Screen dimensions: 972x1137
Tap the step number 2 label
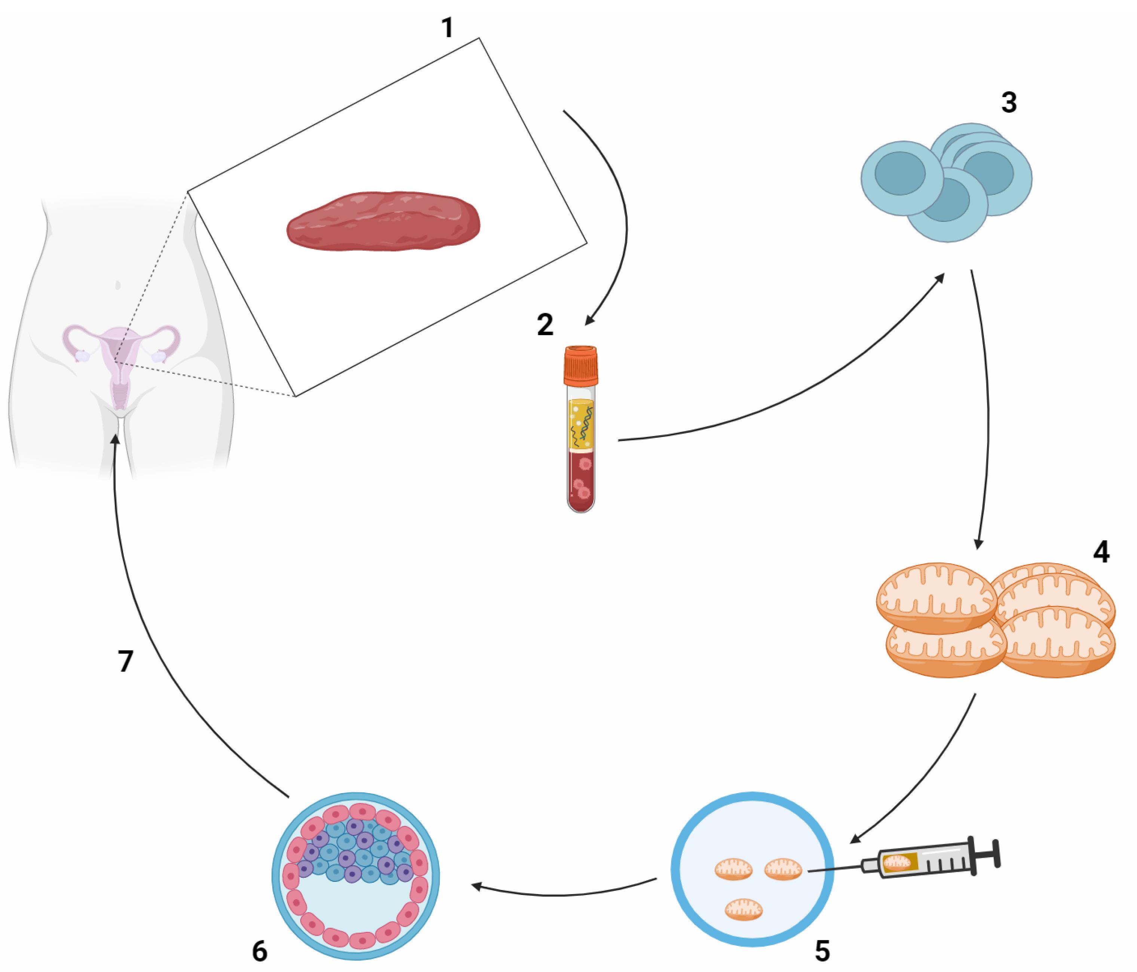coord(545,325)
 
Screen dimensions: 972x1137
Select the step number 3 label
coord(1009,103)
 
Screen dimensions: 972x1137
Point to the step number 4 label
coord(1101,552)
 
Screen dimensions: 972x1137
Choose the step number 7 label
coord(126,661)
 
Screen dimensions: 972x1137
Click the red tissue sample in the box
coord(383,221)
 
